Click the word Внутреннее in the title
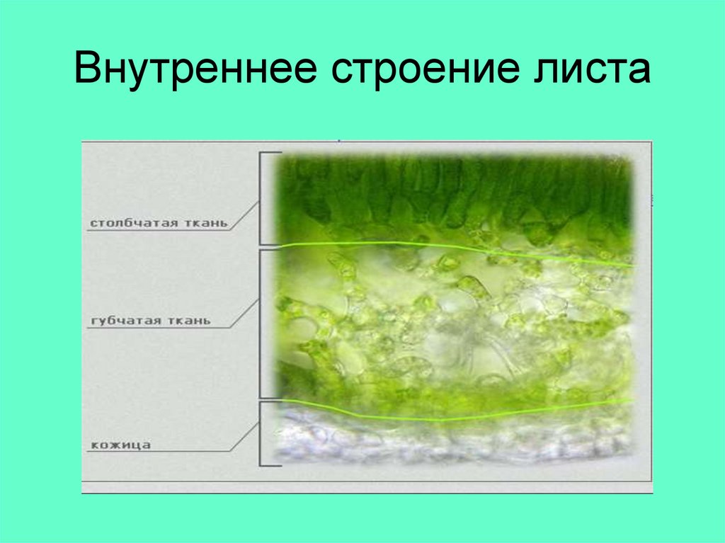(191, 71)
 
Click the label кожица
(120, 445)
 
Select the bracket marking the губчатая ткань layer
(262, 322)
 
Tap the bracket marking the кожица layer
(262, 433)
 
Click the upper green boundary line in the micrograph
(453, 248)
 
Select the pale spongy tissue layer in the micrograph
(453, 326)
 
